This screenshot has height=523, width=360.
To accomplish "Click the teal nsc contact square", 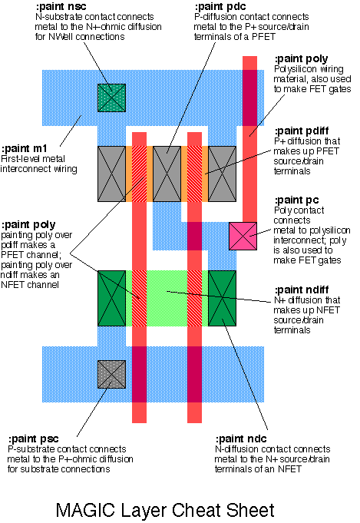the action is (111, 98).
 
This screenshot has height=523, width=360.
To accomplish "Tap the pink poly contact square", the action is (243, 236).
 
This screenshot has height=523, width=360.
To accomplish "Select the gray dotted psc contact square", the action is (111, 374).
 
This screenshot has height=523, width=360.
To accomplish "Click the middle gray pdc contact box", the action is (167, 174).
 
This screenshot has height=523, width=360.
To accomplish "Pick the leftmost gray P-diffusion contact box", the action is (111, 174).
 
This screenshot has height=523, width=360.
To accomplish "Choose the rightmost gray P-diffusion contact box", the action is (223, 174).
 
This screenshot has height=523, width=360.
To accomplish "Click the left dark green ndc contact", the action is (111, 298).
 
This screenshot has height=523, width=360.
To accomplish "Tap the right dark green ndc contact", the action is (223, 298).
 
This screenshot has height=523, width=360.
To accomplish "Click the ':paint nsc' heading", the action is (61, 6).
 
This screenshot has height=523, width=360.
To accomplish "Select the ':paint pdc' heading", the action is (220, 6).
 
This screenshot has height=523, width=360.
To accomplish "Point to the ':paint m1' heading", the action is (25, 148).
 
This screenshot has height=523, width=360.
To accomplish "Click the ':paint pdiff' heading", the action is (302, 131).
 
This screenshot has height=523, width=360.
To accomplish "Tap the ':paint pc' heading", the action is (296, 200).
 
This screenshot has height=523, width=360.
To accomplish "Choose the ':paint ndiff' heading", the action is (302, 290).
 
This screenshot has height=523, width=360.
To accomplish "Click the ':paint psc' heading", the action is (33, 439).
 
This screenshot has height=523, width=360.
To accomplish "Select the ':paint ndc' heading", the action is (241, 439).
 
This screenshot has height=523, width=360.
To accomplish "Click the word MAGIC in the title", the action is (85, 510).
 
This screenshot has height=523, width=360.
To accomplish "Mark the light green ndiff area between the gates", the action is (167, 298).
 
